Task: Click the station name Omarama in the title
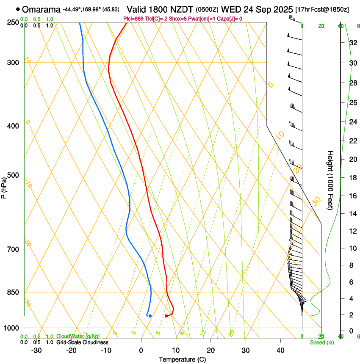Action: click(x=41, y=9)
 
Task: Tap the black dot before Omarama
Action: click(x=18, y=9)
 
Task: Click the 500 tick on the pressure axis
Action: click(x=14, y=175)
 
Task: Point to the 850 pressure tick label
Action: click(x=14, y=292)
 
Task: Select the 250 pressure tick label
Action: click(x=14, y=22)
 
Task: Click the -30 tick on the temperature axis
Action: click(x=36, y=350)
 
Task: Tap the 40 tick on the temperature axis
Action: click(x=280, y=350)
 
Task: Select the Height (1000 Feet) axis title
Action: click(x=330, y=180)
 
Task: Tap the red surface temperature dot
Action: click(x=166, y=316)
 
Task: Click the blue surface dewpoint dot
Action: click(x=150, y=315)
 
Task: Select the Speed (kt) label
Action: click(x=321, y=342)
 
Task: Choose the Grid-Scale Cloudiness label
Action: click(x=82, y=342)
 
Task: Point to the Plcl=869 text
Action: click(x=133, y=19)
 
